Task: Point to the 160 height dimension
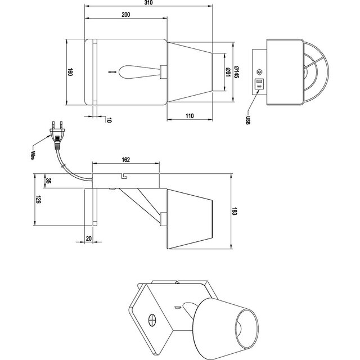click(x=70, y=73)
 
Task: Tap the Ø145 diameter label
click(x=238, y=72)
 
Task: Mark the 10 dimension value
click(x=109, y=119)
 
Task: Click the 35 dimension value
click(x=48, y=182)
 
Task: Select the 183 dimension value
click(x=235, y=211)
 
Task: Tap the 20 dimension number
click(x=90, y=238)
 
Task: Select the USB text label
click(x=248, y=120)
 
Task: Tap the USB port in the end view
click(x=260, y=85)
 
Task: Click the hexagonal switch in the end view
click(x=259, y=72)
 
